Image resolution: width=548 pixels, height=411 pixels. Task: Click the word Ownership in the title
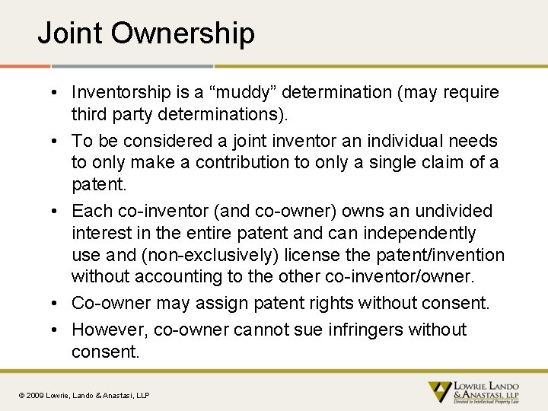(182, 33)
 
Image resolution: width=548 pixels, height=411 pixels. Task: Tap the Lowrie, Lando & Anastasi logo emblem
(439, 392)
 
